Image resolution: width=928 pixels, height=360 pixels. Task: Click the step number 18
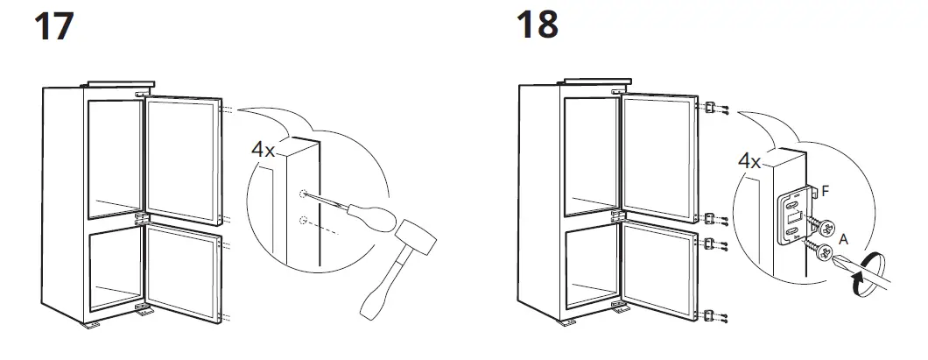[537, 25]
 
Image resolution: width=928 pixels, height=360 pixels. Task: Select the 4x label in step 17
[264, 150]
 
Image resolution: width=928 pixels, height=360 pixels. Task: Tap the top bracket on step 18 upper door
[712, 108]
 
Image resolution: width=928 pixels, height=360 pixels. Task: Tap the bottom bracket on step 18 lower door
[712, 312]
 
